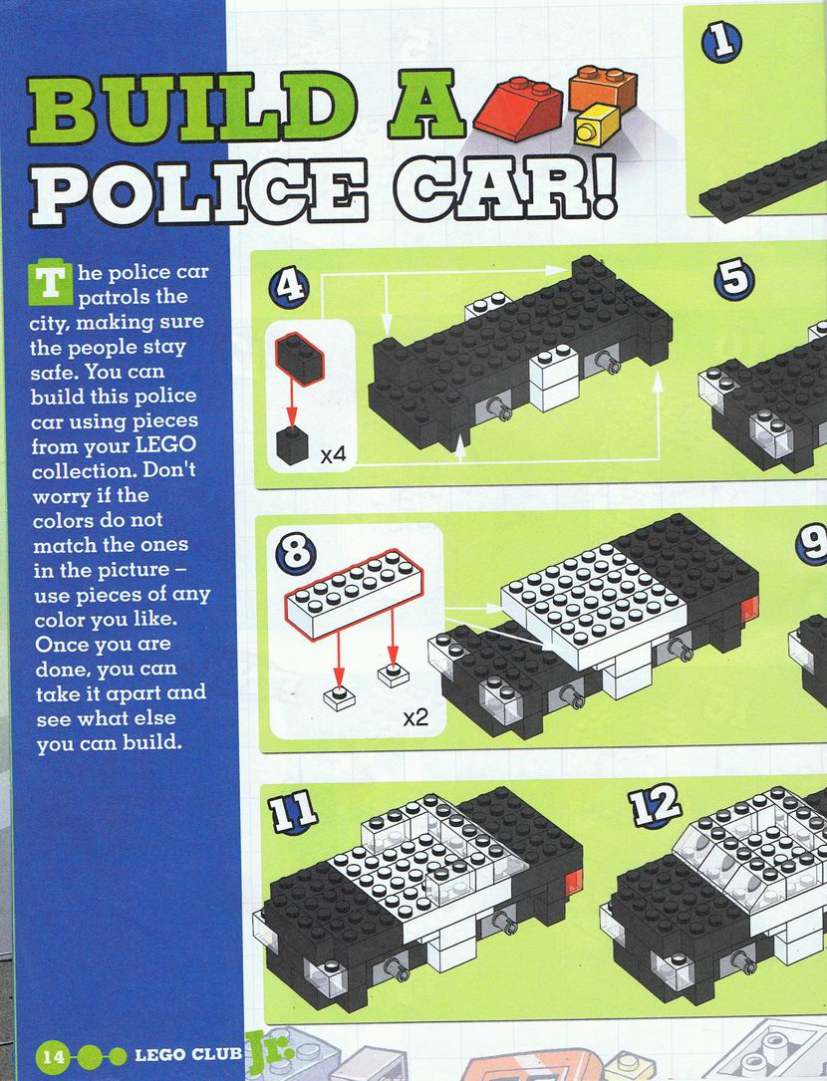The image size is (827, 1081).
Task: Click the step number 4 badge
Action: click(290, 287)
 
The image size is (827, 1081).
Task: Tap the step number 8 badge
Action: click(296, 553)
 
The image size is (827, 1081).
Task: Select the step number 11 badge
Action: click(293, 811)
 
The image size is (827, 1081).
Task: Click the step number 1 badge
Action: click(721, 43)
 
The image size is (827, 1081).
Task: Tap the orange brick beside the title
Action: click(603, 87)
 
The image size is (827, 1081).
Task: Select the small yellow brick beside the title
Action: click(596, 125)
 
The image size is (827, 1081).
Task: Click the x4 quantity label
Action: click(333, 455)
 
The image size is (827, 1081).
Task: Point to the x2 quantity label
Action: click(415, 718)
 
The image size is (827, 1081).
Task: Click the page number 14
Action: click(53, 1055)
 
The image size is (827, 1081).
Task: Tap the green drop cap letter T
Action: click(49, 283)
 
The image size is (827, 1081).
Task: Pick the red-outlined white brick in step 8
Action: click(354, 594)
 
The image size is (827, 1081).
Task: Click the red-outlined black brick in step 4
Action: click(299, 358)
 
